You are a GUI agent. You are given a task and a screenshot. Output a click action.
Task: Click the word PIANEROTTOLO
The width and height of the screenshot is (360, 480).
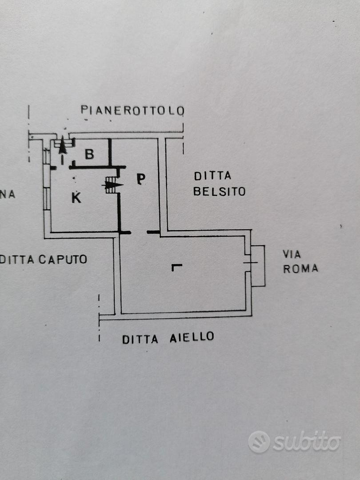(x=132, y=110)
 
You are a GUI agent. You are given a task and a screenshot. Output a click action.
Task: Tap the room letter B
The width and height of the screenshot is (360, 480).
(x=89, y=154)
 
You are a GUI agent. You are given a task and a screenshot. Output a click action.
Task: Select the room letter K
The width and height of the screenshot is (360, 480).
(x=76, y=198)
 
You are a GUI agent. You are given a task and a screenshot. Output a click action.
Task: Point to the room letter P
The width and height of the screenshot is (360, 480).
(x=141, y=179)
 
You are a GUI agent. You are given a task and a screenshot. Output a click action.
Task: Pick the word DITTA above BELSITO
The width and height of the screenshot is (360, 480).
(x=212, y=176)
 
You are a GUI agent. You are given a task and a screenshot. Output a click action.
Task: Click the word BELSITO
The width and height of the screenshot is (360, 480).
(x=219, y=192)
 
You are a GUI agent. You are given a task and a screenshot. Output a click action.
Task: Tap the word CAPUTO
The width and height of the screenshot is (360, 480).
(x=63, y=260)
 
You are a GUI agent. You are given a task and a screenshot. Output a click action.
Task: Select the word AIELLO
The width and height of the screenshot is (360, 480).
(x=192, y=337)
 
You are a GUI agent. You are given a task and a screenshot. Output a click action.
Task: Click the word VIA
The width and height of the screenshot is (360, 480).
(x=292, y=254)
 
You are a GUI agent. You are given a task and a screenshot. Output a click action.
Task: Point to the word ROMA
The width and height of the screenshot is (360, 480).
(x=300, y=269)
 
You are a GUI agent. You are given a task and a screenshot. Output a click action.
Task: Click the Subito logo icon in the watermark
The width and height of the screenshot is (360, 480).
(x=259, y=442)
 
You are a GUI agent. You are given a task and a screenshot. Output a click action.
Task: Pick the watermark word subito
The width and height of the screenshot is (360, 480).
(x=307, y=441)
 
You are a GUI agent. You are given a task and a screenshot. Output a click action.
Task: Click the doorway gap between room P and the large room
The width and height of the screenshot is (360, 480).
(x=139, y=232)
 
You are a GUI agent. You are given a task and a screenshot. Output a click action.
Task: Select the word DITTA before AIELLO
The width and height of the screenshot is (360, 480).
(x=140, y=339)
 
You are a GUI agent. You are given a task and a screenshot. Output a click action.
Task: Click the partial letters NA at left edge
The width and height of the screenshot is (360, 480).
(x=8, y=194)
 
